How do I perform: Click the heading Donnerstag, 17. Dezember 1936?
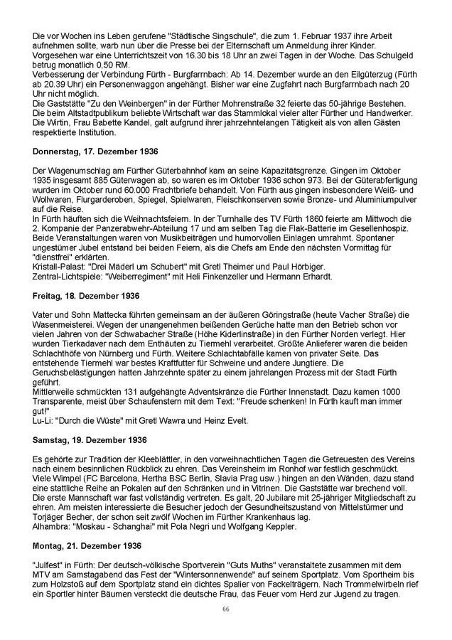tap(95, 152)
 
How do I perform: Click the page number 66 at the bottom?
tap(225, 610)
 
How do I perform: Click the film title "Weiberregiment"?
tap(143, 275)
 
